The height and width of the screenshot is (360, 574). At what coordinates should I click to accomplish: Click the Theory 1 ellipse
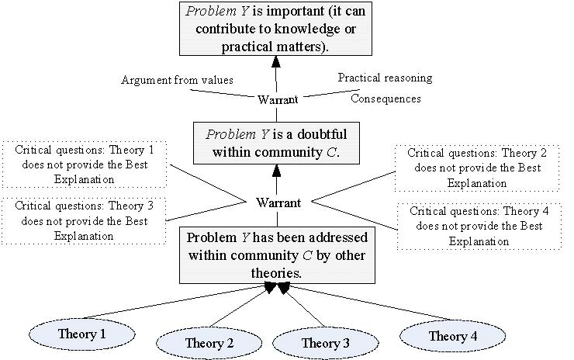[81, 334]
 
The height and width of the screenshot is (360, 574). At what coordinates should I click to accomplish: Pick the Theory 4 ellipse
[448, 336]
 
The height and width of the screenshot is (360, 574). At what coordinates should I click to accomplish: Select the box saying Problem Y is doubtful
[277, 141]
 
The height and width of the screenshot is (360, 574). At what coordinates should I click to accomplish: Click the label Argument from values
[177, 81]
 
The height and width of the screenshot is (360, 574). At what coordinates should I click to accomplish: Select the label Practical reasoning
[385, 78]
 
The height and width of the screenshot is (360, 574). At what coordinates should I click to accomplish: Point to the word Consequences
[386, 99]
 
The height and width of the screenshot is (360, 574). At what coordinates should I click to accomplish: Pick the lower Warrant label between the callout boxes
[278, 202]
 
